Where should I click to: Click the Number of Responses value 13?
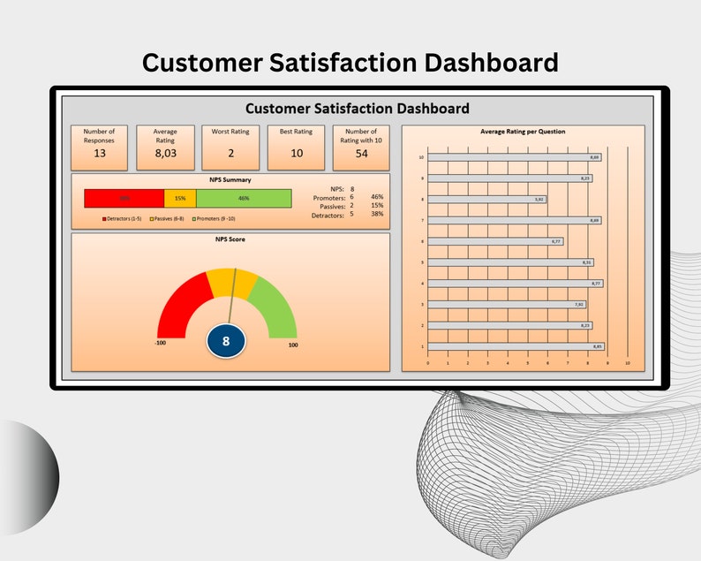pyautogui.click(x=100, y=153)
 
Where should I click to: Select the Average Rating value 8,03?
pyautogui.click(x=165, y=153)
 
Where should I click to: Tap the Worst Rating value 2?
pyautogui.click(x=230, y=153)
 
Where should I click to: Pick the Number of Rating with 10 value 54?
pyautogui.click(x=361, y=154)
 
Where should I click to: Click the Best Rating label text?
pyautogui.click(x=296, y=132)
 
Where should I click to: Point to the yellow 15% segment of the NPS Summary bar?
pyautogui.click(x=180, y=198)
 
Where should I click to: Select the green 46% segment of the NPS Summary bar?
pyautogui.click(x=244, y=198)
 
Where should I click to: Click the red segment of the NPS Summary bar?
pyautogui.click(x=124, y=198)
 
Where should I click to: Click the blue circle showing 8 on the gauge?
pyautogui.click(x=226, y=340)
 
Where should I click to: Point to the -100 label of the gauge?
pyautogui.click(x=161, y=345)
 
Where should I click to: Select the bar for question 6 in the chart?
pyautogui.click(x=495, y=241)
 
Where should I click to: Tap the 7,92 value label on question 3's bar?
pyautogui.click(x=579, y=305)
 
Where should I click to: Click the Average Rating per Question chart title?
pyautogui.click(x=523, y=132)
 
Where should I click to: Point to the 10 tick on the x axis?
pyautogui.click(x=628, y=363)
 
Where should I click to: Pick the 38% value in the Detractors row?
pyautogui.click(x=377, y=215)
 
